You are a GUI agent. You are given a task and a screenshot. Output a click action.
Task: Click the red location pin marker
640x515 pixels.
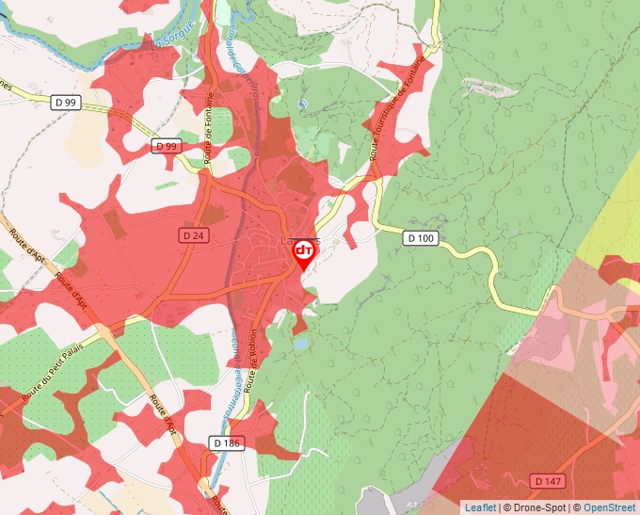(x=304, y=252)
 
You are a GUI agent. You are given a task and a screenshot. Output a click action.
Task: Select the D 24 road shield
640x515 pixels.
(x=192, y=233)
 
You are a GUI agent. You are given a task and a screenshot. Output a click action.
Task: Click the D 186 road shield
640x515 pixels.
(x=227, y=443)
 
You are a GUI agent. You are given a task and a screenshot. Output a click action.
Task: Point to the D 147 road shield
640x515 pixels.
(x=548, y=481)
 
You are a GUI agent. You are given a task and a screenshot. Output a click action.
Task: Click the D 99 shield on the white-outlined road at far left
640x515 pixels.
(x=65, y=101)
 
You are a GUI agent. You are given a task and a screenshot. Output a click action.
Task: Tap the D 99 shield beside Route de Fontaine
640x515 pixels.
(x=167, y=146)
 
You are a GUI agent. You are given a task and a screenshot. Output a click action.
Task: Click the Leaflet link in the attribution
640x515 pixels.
(x=480, y=507)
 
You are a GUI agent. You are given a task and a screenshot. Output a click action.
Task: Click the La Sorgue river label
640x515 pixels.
(x=175, y=38)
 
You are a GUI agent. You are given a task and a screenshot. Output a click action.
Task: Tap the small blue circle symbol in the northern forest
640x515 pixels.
(x=301, y=104)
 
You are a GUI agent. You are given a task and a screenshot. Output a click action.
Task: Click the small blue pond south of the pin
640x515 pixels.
(x=298, y=346)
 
